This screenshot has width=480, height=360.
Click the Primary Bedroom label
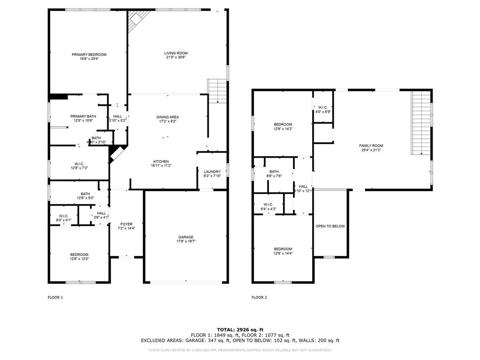pyautogui.click(x=89, y=54)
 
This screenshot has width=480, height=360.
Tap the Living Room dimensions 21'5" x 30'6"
pyautogui.click(x=176, y=58)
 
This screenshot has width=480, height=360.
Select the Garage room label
pyautogui.click(x=186, y=237)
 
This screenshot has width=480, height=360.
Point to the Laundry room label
pyautogui.click(x=212, y=172)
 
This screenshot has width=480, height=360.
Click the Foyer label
pyautogui.click(x=126, y=224)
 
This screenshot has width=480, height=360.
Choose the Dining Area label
pyautogui.click(x=168, y=117)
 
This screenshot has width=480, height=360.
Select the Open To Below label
pyautogui.click(x=330, y=226)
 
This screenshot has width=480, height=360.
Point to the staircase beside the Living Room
pyautogui.click(x=217, y=90)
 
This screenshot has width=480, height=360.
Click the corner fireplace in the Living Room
pyautogui.click(x=136, y=20)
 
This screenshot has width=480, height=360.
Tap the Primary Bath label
pyautogui.click(x=83, y=116)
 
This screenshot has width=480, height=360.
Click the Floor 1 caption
pyautogui.click(x=55, y=297)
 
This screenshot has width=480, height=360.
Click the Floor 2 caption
pyautogui.click(x=259, y=297)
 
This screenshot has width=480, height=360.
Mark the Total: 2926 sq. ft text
pyautogui.click(x=240, y=330)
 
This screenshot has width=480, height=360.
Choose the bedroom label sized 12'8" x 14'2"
pyautogui.click(x=283, y=124)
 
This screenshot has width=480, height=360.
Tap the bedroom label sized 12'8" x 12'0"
pyautogui.click(x=79, y=255)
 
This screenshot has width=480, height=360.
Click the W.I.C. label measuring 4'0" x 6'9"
pyautogui.click(x=323, y=107)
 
